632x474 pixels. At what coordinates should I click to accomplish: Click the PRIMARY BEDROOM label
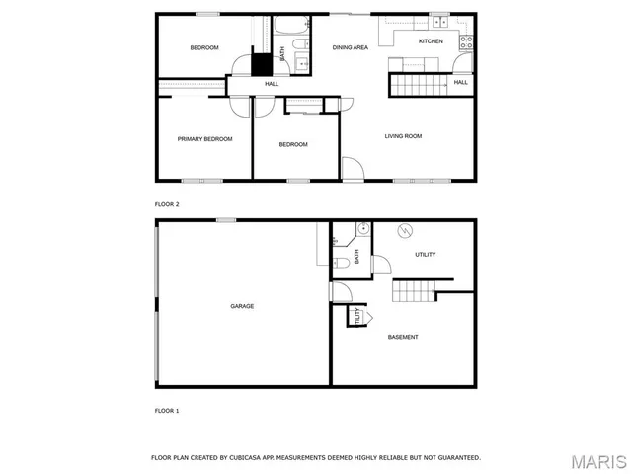point(204,139)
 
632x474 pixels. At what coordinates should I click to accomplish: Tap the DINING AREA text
point(350,47)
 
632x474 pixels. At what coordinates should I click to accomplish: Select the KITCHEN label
point(431,41)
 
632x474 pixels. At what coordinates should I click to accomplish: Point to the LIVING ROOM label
point(403,136)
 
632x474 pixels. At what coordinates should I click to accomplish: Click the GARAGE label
point(242,306)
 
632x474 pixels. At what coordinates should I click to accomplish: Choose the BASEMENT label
point(402,337)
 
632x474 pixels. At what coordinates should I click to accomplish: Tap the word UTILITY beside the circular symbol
point(426,255)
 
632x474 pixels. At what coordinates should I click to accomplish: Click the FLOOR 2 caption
point(167,204)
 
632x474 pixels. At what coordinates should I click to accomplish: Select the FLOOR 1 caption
point(167,410)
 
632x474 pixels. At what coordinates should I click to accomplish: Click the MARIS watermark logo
point(597,461)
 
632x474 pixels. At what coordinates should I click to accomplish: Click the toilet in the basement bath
point(338,261)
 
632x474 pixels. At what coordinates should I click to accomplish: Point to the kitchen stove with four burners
point(466,41)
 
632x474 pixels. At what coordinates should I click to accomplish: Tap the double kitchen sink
point(439,19)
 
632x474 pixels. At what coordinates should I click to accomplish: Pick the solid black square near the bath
point(261,64)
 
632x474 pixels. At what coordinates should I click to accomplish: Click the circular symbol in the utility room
point(403,232)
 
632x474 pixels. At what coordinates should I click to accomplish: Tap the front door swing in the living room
point(353,169)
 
